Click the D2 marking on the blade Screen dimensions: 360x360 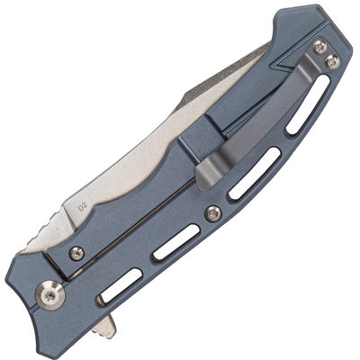[x=82, y=208]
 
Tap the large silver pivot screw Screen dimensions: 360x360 [x=49, y=295]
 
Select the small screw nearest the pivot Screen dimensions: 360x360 [x=76, y=254]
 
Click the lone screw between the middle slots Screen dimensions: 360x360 [x=213, y=213]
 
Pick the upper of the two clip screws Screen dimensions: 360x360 [x=320, y=47]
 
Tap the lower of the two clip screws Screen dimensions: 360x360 [x=332, y=61]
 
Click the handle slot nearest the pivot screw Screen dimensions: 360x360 [x=121, y=285]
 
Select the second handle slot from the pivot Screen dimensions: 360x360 [x=176, y=242]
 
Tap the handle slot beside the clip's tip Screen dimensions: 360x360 [x=255, y=174]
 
